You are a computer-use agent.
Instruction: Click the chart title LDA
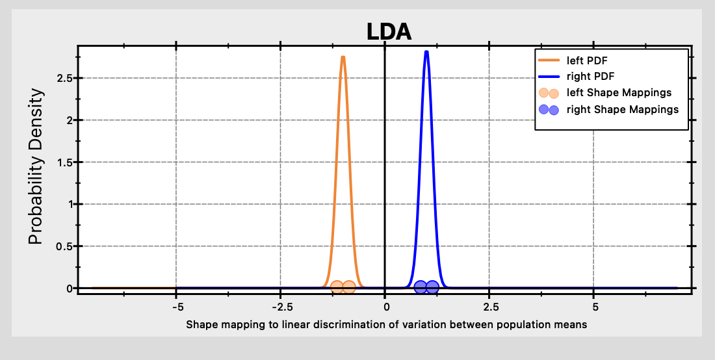(389, 31)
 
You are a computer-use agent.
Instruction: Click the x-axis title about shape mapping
(387, 324)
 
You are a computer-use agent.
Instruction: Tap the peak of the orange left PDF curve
(343, 57)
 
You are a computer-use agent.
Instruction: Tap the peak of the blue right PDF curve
(426, 52)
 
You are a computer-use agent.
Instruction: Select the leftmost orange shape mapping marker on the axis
(337, 287)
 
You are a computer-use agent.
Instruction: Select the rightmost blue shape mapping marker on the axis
(432, 287)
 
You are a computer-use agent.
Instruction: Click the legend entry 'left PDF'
(587, 60)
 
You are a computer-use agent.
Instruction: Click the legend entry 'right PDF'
(590, 77)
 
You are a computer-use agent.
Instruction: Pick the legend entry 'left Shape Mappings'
(619, 93)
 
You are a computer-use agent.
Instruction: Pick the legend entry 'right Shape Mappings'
(622, 109)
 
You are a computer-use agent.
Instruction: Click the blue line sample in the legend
(549, 77)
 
